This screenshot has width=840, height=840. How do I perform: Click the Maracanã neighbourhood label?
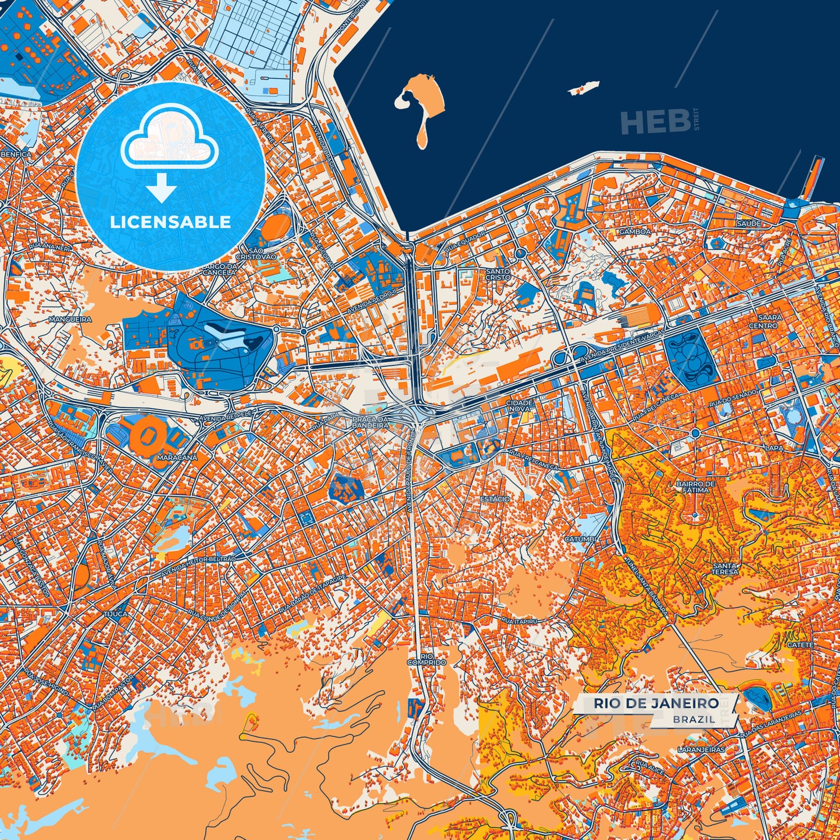(x=177, y=457)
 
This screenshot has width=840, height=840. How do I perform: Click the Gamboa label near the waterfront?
(x=635, y=231)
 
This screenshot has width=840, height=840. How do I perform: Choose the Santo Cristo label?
(x=498, y=274)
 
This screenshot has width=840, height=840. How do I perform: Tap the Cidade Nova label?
(x=519, y=405)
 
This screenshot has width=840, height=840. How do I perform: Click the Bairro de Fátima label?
(x=696, y=487)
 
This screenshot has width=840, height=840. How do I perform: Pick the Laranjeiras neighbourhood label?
(x=702, y=750)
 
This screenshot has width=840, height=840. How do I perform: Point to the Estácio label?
(x=495, y=499)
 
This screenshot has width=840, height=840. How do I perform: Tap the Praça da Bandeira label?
(x=370, y=423)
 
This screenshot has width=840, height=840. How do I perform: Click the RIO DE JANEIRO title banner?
(x=656, y=703)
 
